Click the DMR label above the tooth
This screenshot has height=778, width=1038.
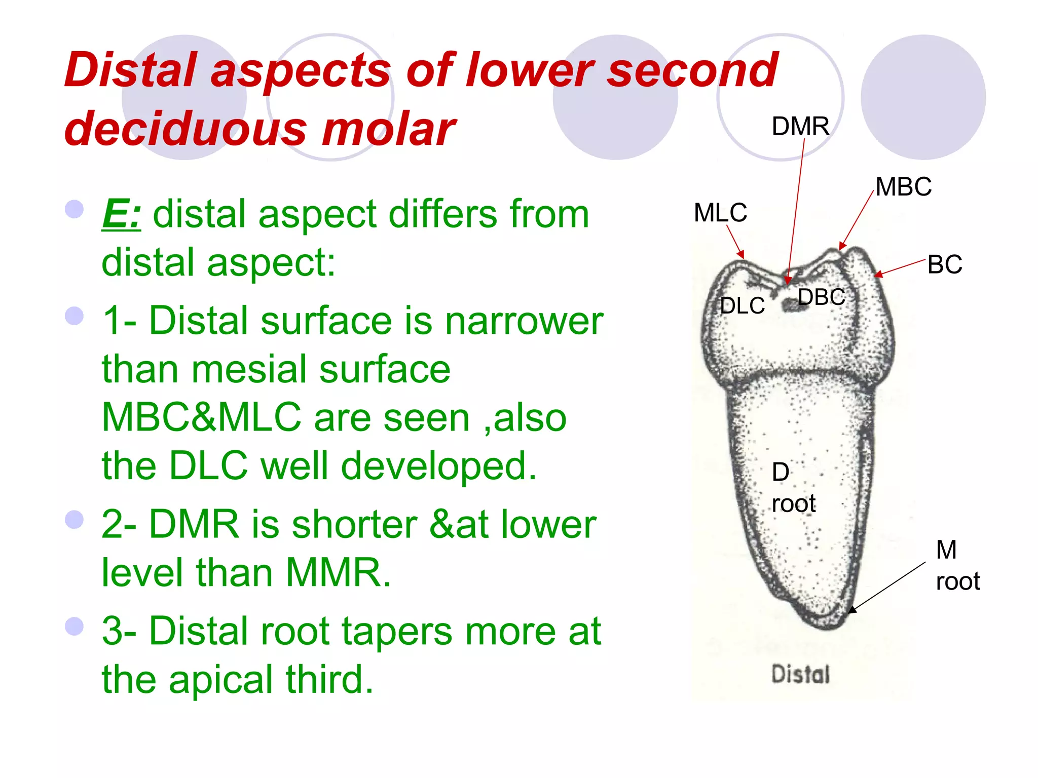[x=800, y=126]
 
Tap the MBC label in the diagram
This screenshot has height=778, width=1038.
[x=903, y=187]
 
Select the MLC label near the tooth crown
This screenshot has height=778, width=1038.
[x=720, y=213]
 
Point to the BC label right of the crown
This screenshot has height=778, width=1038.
[x=945, y=265]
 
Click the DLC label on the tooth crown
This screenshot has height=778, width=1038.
[x=743, y=306]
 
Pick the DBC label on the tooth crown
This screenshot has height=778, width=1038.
[x=822, y=297]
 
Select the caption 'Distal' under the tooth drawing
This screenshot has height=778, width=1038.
[x=800, y=675]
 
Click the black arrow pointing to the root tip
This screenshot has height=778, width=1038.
[x=887, y=588]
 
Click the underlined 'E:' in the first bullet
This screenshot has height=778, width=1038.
[x=121, y=214]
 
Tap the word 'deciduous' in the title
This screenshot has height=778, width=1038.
[x=186, y=130]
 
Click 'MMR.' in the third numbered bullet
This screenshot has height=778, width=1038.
[x=339, y=573]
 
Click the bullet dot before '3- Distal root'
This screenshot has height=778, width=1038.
[x=75, y=626]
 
